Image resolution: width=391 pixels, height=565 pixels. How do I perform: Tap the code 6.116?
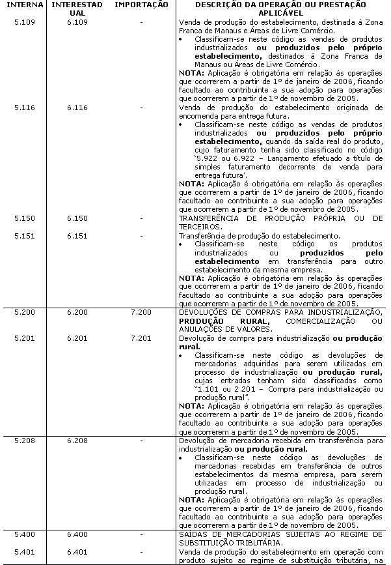pyautogui.click(x=77, y=108)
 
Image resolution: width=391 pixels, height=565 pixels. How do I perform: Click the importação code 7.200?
pyautogui.click(x=141, y=313)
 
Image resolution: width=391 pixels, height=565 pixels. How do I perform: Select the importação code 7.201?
pyautogui.click(x=141, y=339)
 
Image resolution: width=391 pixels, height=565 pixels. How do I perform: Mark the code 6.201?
pyautogui.click(x=77, y=339)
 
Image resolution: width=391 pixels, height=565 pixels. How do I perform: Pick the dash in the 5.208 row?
pyautogui.click(x=141, y=441)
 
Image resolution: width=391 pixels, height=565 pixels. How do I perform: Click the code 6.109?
pyautogui.click(x=77, y=22)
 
